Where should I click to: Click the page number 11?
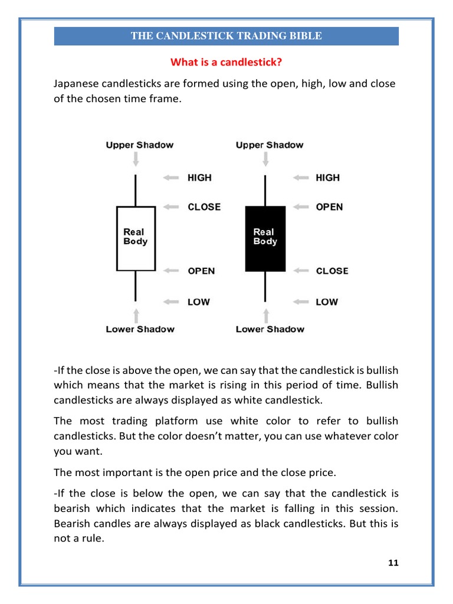click(x=393, y=563)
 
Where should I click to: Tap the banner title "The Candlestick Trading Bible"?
click(x=226, y=36)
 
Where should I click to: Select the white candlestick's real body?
click(x=136, y=238)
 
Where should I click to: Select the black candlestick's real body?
click(x=265, y=238)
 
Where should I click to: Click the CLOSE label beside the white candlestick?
click(x=204, y=207)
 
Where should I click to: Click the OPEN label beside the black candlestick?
click(x=330, y=207)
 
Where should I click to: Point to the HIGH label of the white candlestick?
click(x=199, y=178)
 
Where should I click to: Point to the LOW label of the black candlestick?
click(x=327, y=302)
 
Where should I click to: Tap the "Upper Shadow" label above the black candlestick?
click(x=270, y=145)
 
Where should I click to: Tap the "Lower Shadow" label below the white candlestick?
click(x=140, y=329)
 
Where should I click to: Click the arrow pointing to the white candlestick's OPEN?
click(x=171, y=271)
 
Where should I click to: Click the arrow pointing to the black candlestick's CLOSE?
click(x=301, y=271)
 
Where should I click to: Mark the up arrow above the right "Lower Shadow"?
click(x=265, y=314)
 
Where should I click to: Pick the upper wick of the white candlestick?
click(x=136, y=190)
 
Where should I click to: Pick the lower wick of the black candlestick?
click(x=265, y=286)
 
